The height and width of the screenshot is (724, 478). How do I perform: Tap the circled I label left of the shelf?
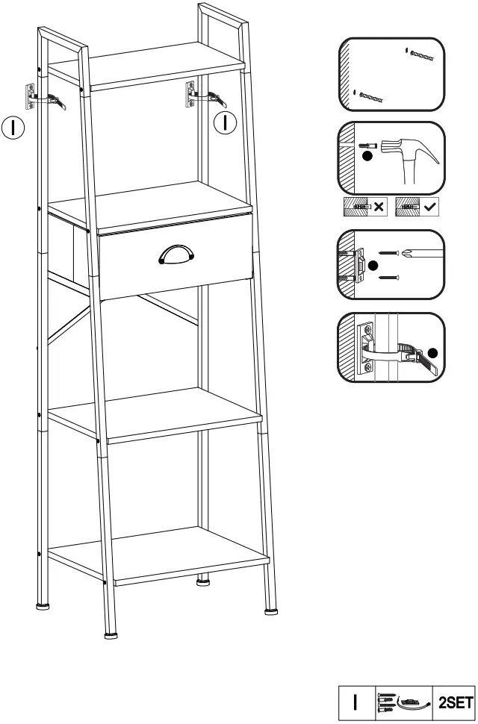[13, 127]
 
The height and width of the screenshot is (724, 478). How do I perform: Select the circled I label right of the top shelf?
[225, 122]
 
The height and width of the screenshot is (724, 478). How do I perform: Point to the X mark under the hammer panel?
[378, 206]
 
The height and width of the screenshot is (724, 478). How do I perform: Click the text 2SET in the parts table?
[455, 702]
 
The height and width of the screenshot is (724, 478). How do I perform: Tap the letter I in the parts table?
[356, 702]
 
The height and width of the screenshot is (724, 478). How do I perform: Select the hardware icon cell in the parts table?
[403, 702]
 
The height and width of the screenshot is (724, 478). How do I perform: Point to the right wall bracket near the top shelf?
[190, 93]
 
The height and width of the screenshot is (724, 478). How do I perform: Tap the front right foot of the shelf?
[270, 611]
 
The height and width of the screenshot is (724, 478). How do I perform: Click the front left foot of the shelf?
[111, 635]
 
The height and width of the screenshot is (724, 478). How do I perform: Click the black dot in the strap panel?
[432, 354]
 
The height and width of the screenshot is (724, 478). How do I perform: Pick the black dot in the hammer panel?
[367, 157]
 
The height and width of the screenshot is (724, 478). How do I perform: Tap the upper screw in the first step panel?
[423, 56]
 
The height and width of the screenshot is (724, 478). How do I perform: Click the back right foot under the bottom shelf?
[202, 583]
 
